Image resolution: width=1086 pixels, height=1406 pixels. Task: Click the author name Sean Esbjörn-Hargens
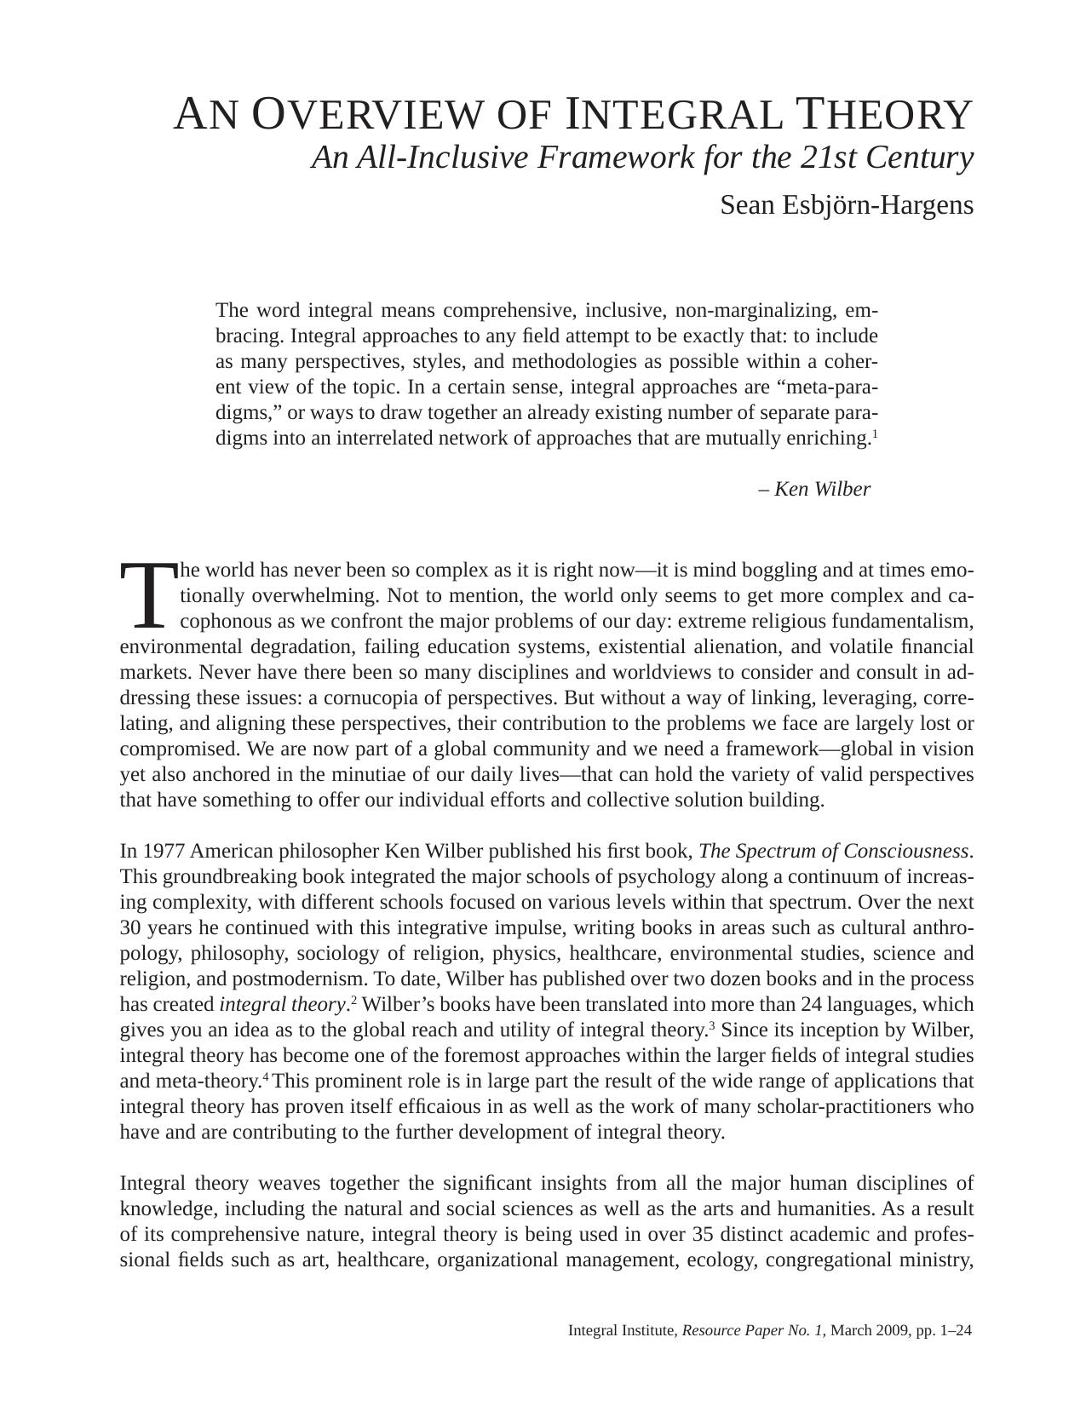[846, 205]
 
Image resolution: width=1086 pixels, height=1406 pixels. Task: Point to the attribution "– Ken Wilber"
[814, 490]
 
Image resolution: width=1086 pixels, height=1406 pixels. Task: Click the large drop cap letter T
[147, 594]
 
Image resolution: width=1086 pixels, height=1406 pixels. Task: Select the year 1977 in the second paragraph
[164, 852]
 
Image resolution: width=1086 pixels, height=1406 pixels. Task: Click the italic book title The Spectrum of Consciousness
[833, 852]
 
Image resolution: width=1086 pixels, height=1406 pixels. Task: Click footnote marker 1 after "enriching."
[875, 433]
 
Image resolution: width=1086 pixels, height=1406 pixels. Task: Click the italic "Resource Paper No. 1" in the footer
[753, 1330]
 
